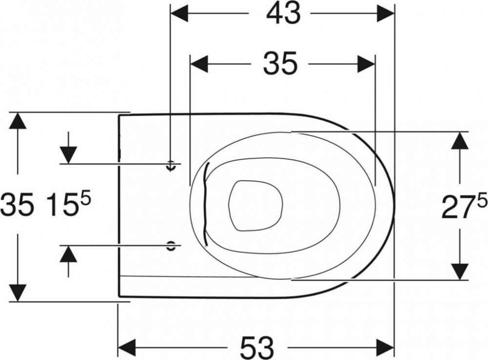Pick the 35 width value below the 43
[x=280, y=64]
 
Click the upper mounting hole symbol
[x=170, y=165]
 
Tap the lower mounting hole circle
[x=170, y=245]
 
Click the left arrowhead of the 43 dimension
[x=179, y=14]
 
